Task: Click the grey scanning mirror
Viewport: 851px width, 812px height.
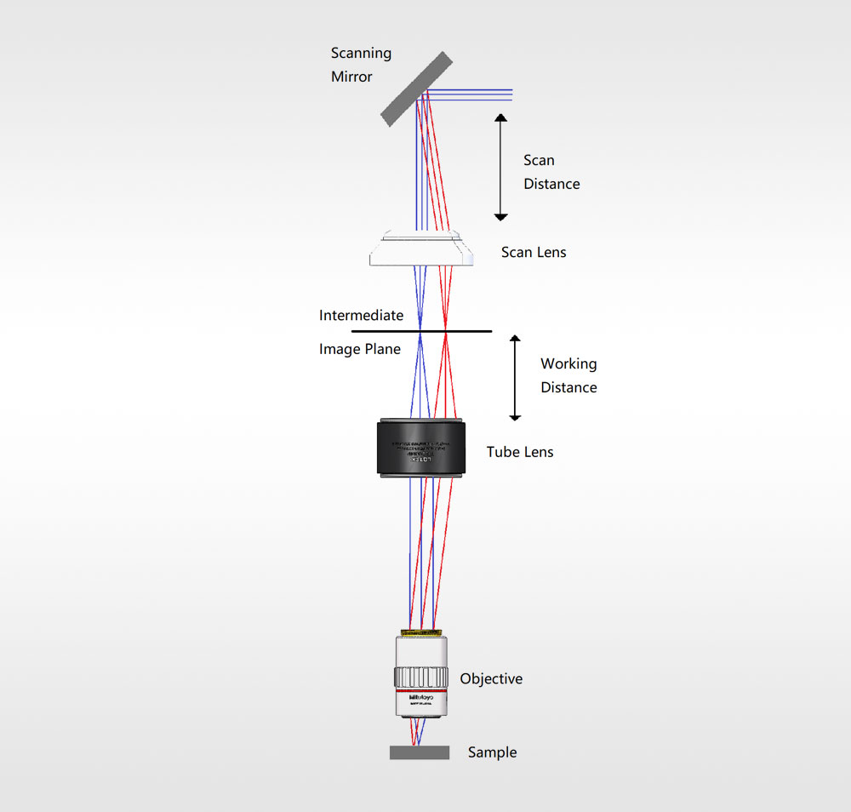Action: click(x=416, y=89)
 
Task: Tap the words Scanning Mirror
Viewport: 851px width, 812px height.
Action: click(x=361, y=65)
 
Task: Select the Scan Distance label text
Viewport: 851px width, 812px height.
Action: click(x=551, y=172)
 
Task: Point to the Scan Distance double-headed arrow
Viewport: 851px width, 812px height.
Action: click(x=501, y=167)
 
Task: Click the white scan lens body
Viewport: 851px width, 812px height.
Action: click(x=420, y=249)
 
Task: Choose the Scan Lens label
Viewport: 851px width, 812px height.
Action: click(x=534, y=252)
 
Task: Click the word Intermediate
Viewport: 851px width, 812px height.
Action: click(x=361, y=316)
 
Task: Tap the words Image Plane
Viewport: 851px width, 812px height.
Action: click(x=359, y=349)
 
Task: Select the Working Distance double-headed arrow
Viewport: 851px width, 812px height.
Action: click(x=514, y=378)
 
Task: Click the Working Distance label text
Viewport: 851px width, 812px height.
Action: click(x=568, y=375)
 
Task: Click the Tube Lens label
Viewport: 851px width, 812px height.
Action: click(x=519, y=452)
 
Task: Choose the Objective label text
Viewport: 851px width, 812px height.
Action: click(x=491, y=679)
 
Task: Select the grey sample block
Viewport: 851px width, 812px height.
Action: click(x=420, y=752)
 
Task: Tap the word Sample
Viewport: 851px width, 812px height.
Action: click(x=492, y=752)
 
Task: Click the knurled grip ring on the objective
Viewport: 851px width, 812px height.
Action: click(x=420, y=678)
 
